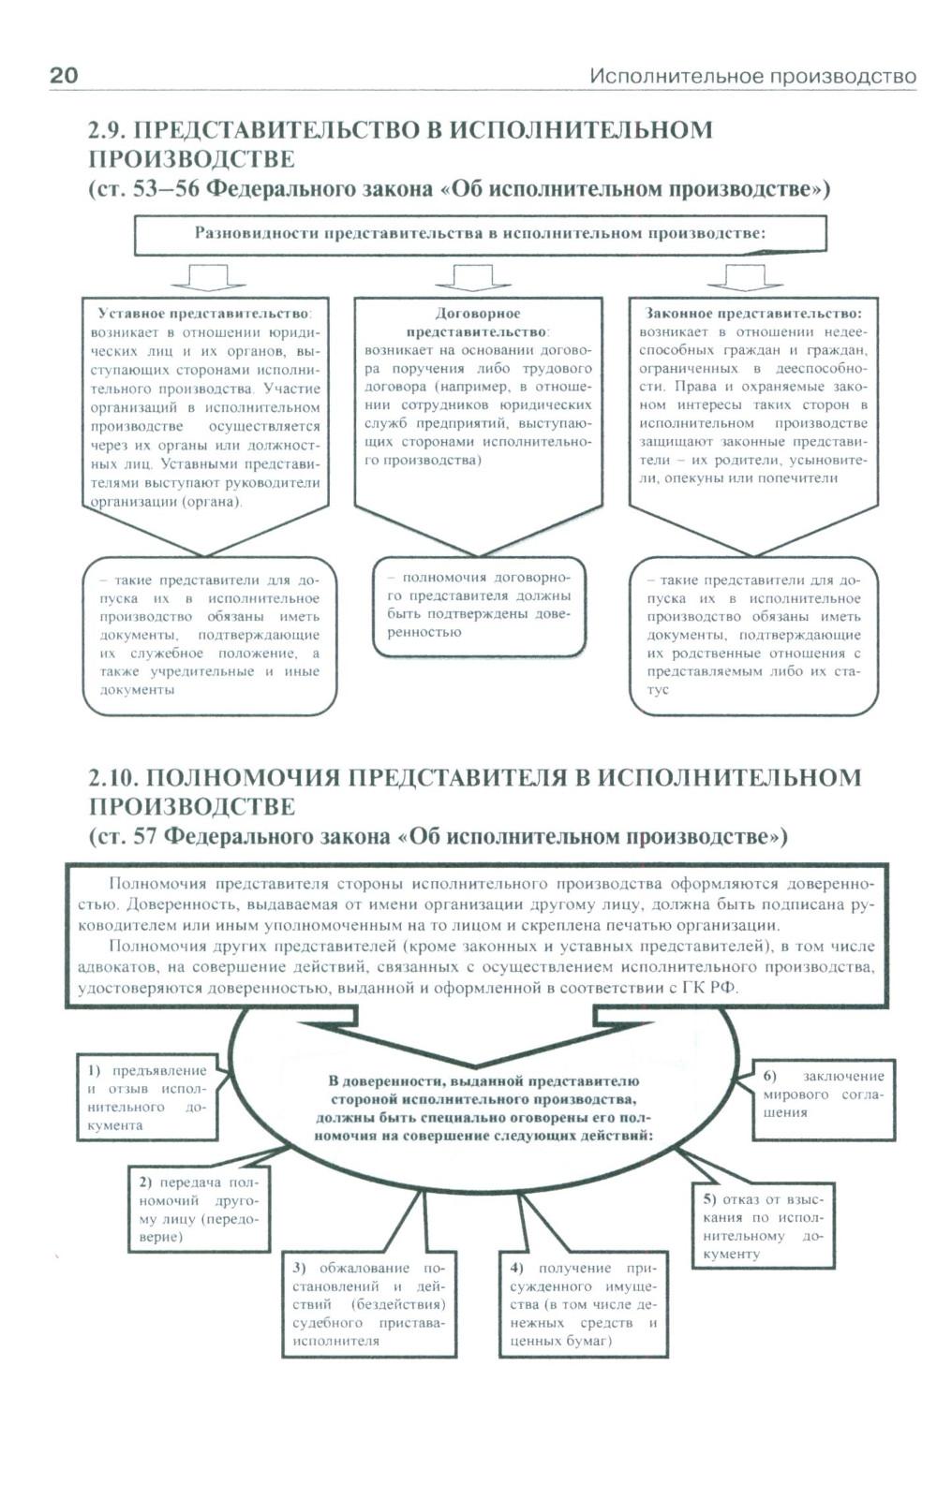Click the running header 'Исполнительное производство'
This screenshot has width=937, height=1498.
752,77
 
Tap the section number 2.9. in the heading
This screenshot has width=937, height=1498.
113,130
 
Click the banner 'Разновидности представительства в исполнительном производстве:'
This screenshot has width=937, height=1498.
480,234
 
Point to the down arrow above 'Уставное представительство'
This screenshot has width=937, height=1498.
209,277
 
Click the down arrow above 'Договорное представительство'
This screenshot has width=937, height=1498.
473,277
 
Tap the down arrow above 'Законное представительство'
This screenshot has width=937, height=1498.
745,277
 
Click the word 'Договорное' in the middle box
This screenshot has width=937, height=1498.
478,313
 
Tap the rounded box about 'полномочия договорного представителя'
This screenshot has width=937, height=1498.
479,606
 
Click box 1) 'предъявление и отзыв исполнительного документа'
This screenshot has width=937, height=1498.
146,1097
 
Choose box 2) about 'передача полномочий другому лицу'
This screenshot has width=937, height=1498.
199,1210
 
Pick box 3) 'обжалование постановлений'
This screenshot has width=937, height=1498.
368,1304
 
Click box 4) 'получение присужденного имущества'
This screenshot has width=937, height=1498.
583,1304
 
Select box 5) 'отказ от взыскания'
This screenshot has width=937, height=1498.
762,1226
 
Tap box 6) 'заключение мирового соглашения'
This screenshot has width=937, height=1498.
823,1094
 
